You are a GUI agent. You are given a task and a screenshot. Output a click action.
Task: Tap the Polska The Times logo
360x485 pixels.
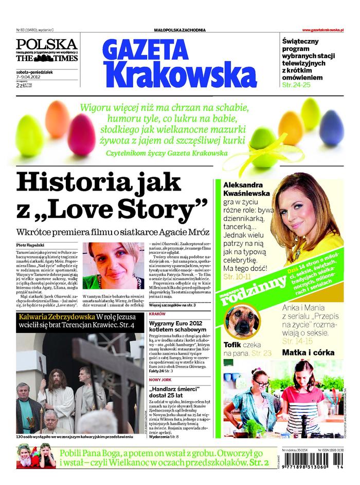[x=47, y=50]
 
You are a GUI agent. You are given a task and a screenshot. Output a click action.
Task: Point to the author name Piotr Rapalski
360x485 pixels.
[x=30, y=246]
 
